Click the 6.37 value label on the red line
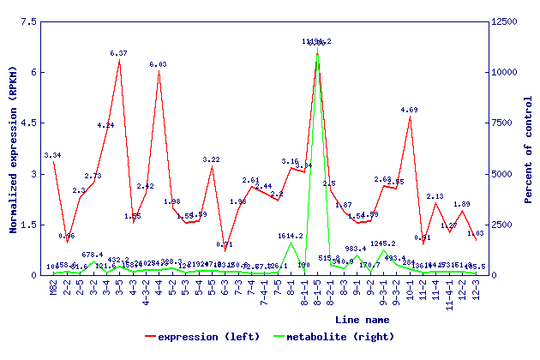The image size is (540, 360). pyautogui.click(x=119, y=53)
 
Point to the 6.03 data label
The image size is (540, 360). pyautogui.click(x=159, y=64)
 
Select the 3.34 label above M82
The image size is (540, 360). pyautogui.click(x=52, y=155)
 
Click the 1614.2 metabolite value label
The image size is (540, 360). pyautogui.click(x=291, y=235)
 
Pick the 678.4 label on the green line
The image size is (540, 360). pyautogui.click(x=93, y=255)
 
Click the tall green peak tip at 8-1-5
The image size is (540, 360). pyautogui.click(x=317, y=48)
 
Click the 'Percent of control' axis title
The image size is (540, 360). pyautogui.click(x=529, y=148)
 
